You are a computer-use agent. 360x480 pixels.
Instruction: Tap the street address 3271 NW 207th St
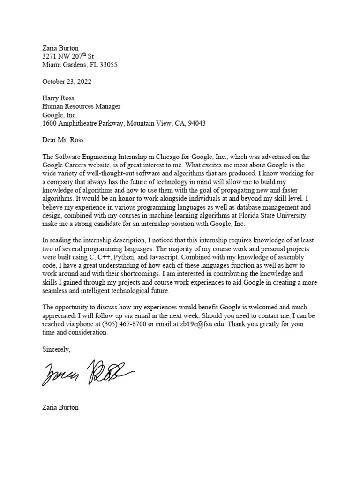click(x=68, y=56)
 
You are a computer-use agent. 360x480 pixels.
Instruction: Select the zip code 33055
click(x=108, y=65)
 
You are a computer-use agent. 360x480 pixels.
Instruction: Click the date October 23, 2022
click(x=67, y=82)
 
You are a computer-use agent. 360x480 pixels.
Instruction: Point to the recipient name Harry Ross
click(x=58, y=98)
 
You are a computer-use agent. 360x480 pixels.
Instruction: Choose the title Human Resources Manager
click(x=81, y=107)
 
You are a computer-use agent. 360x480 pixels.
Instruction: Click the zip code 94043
click(x=196, y=124)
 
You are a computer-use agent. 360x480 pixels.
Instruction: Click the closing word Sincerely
click(x=56, y=350)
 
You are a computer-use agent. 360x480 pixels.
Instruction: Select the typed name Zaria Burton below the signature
click(x=60, y=407)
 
